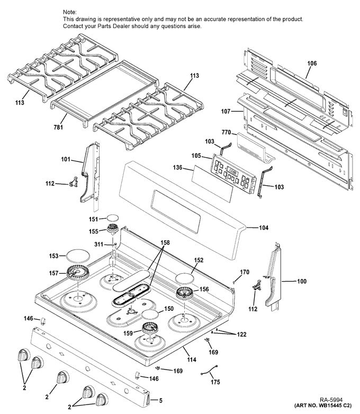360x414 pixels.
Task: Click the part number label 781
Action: [x=58, y=127]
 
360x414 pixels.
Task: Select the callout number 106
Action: [x=312, y=64]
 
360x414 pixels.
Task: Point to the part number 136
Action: [x=177, y=168]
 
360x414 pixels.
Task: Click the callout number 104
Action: [x=263, y=228]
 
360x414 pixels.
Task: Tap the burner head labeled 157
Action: [x=78, y=274]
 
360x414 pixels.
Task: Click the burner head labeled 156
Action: [x=185, y=292]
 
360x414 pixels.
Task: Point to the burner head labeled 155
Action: [x=112, y=229]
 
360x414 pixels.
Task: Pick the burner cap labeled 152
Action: [x=183, y=277]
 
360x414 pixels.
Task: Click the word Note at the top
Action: [x=69, y=12]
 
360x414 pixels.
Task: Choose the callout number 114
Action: [x=191, y=360]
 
